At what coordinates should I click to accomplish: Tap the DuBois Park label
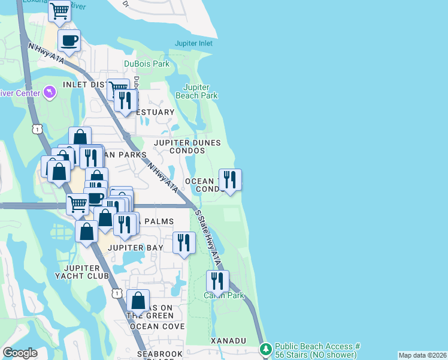[147, 64]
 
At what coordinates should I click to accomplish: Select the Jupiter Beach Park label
[196, 91]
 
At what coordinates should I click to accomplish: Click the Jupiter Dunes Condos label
[187, 147]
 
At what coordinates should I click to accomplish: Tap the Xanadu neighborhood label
[228, 340]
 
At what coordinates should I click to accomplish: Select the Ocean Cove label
[157, 326]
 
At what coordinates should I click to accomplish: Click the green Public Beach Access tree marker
[265, 349]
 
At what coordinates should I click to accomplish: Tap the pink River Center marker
[50, 92]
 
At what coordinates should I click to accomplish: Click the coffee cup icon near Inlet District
[69, 41]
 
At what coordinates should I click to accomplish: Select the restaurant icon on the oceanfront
[229, 179]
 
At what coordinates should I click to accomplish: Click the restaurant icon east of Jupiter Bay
[184, 242]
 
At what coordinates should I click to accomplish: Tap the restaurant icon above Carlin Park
[217, 281]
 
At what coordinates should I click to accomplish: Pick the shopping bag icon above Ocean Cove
[138, 300]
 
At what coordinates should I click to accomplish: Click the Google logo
[20, 353]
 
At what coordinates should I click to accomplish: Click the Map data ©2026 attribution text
[422, 355]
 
